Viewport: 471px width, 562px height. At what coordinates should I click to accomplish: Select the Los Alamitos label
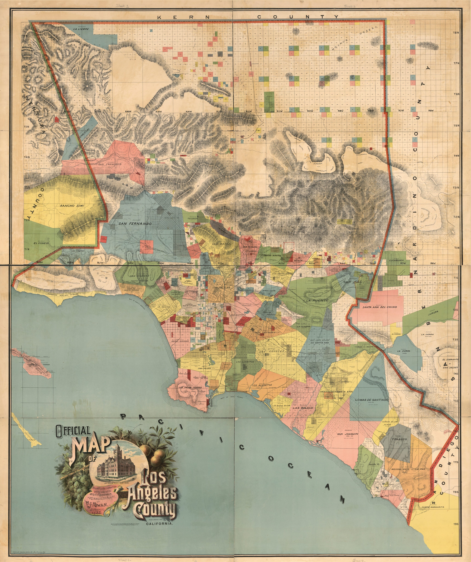coord(262,385)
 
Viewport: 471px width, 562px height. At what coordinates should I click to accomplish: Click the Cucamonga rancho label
coord(398,260)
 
